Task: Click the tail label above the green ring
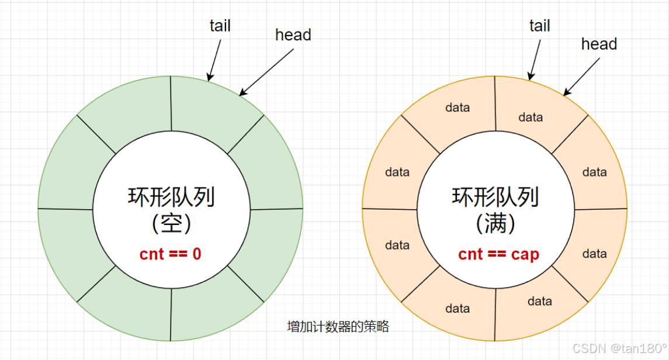pos(220,26)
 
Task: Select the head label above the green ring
pos(293,35)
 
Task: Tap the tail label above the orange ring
pos(539,26)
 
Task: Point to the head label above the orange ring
pos(599,44)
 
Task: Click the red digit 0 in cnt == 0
pos(197,254)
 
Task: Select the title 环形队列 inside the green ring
pos(171,198)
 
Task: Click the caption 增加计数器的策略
pos(338,327)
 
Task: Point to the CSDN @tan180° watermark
pos(619,348)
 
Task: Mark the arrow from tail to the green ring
pos(215,57)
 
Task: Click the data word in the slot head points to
pos(531,117)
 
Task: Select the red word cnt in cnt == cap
pos(470,255)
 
